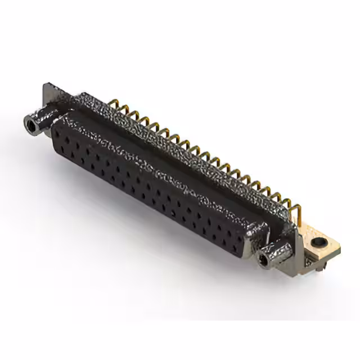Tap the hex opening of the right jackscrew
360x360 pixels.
[263, 259]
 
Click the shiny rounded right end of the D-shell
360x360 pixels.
[256, 236]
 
